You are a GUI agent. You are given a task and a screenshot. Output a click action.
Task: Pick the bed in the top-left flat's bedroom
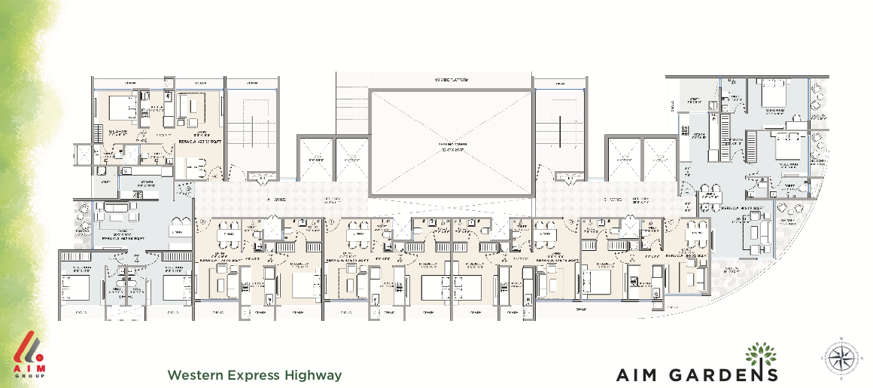[119, 107]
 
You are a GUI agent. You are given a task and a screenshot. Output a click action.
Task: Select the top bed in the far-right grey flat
[774, 96]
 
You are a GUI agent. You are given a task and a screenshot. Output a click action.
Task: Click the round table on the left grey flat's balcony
[84, 225]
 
